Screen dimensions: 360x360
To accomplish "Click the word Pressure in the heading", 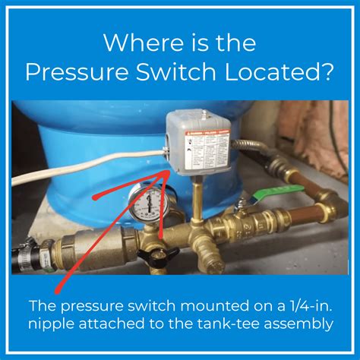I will (x=78, y=72).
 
